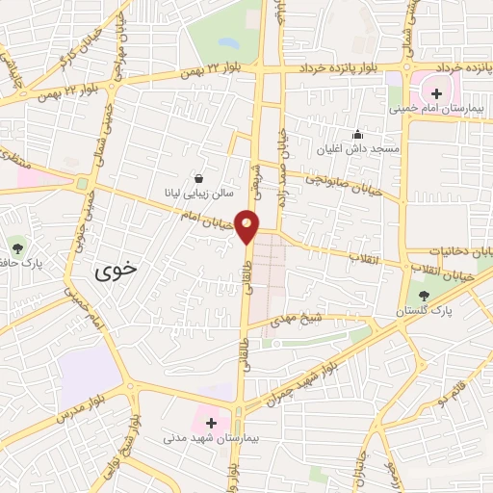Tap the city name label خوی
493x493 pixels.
tap(117, 272)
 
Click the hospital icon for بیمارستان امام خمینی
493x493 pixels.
tap(436, 93)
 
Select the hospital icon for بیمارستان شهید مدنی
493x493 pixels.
tap(212, 423)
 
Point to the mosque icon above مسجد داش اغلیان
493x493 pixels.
tap(358, 134)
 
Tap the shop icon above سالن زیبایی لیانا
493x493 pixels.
tap(198, 178)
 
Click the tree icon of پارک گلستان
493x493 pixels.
tap(425, 296)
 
